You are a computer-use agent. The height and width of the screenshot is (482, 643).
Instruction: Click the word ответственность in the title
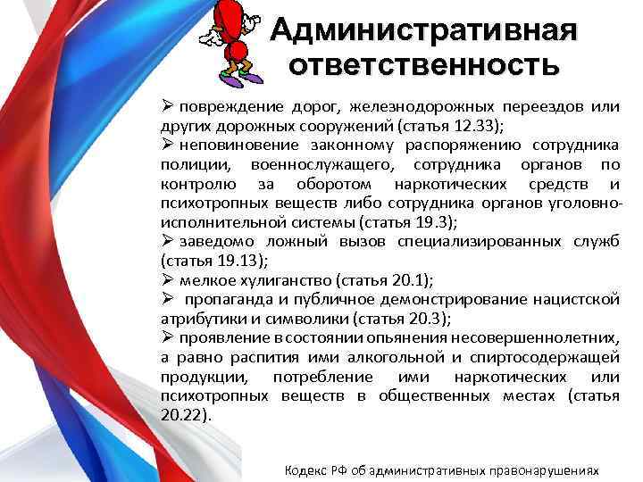(424, 65)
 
